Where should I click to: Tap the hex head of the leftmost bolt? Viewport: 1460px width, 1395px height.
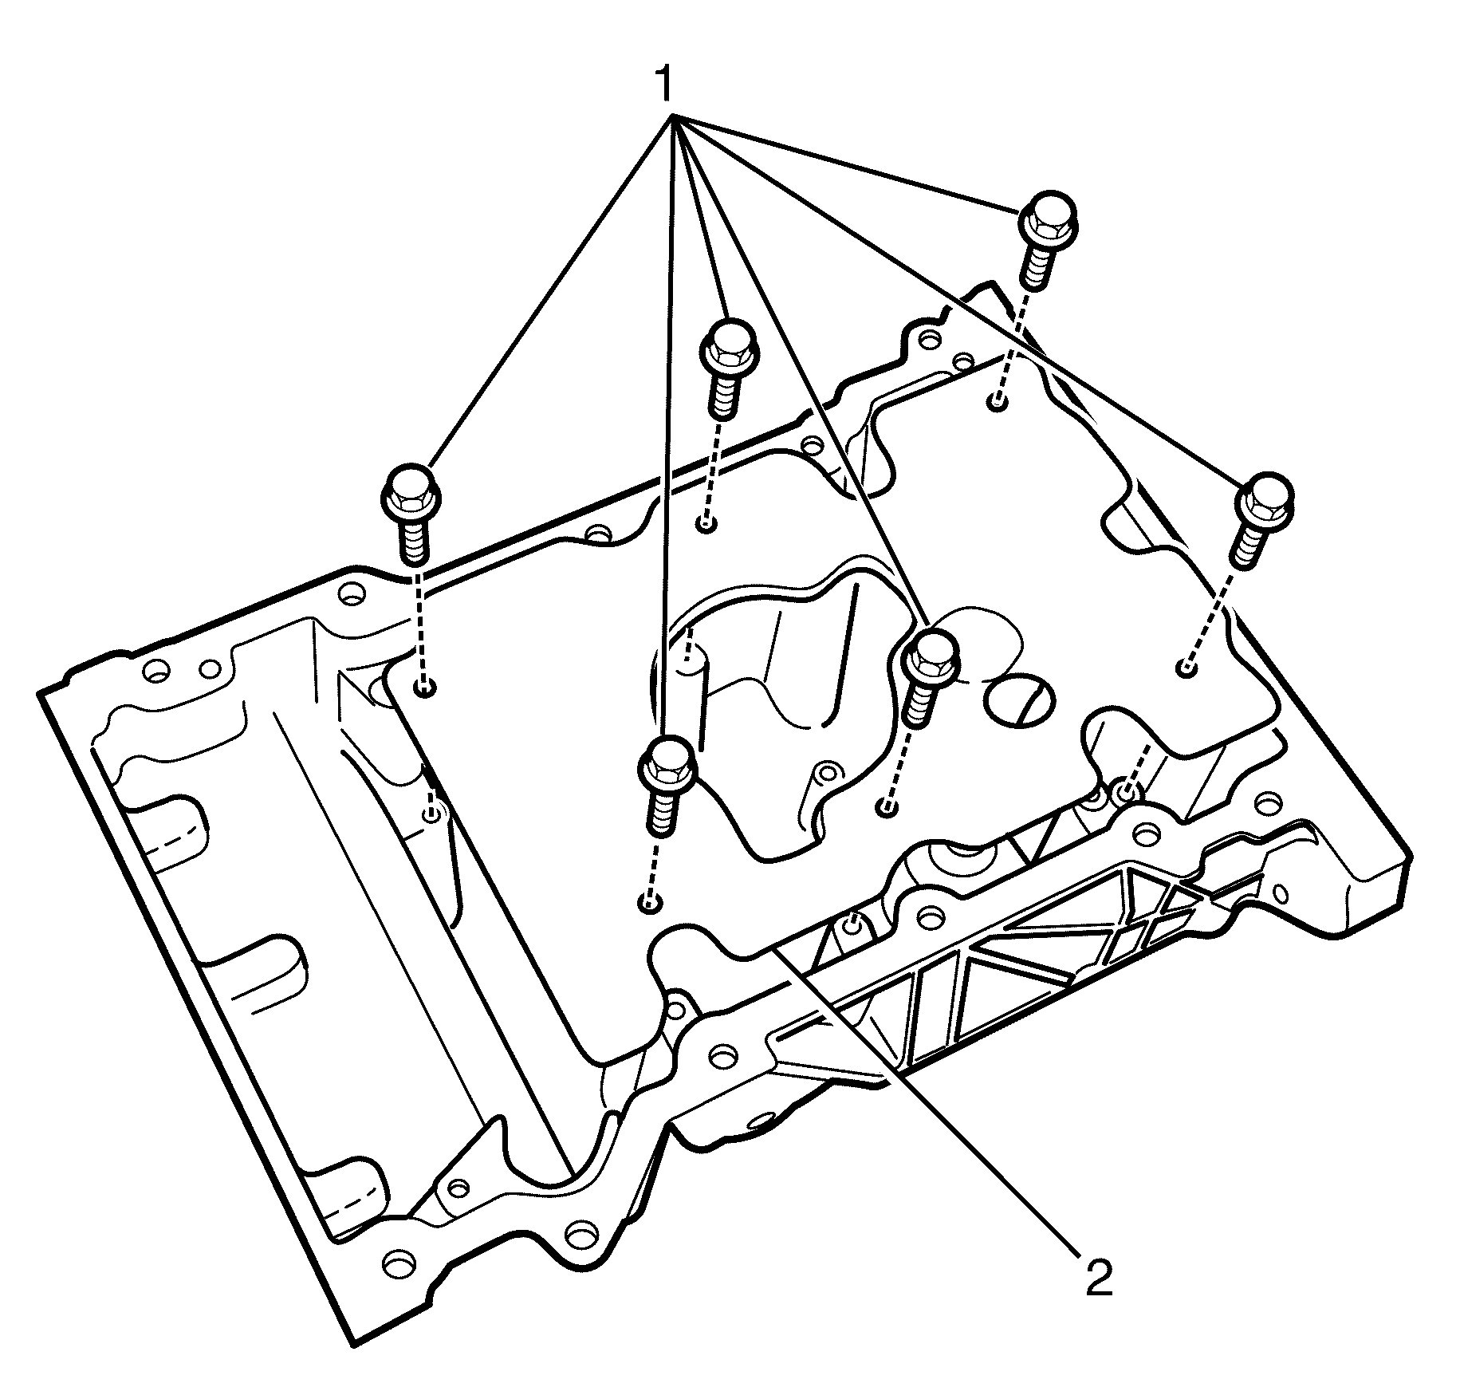click(x=410, y=492)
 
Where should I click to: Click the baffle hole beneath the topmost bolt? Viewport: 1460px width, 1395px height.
click(x=997, y=403)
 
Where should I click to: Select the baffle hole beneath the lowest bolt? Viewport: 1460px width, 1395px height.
click(x=650, y=904)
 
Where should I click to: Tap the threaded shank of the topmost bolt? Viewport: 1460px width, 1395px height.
click(x=1037, y=268)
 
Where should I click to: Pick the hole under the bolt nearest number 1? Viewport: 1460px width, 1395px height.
click(x=706, y=524)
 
